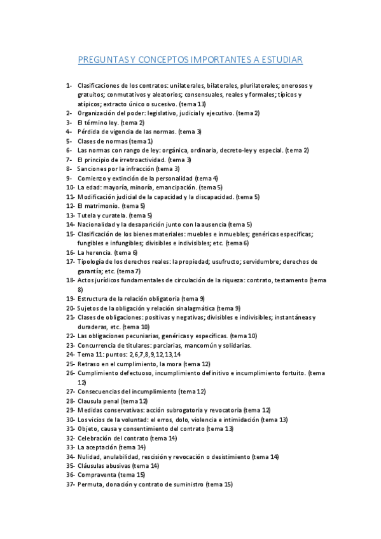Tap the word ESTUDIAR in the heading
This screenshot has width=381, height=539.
(280, 60)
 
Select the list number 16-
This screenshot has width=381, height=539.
(70, 252)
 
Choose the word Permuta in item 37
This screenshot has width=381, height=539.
(89, 484)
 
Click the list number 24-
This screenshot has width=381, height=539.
(70, 354)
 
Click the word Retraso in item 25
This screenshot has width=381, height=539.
(89, 364)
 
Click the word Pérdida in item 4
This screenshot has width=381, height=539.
(89, 132)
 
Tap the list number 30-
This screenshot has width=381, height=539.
(70, 420)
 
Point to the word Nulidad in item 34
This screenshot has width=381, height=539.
(89, 456)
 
